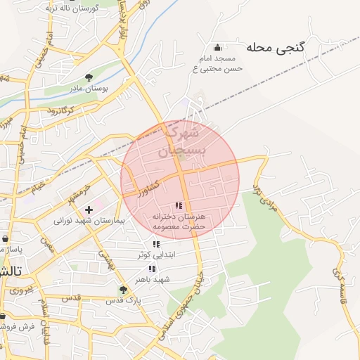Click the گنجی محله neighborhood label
[x=276, y=48]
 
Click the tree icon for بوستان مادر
[x=89, y=77]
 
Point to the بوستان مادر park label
[x=88, y=89]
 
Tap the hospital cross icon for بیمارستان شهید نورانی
[x=89, y=210]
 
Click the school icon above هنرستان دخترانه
[x=179, y=205]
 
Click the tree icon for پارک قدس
[x=124, y=289]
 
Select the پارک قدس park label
[x=124, y=300]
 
